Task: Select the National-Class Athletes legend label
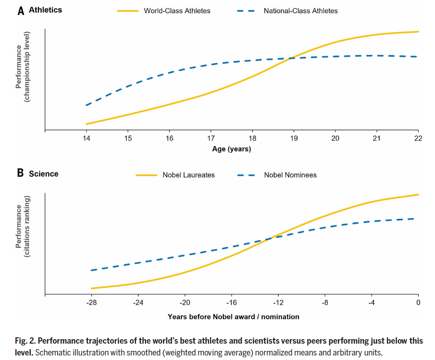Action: click(301, 10)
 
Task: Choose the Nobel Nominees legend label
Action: click(290, 175)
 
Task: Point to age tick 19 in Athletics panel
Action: click(294, 138)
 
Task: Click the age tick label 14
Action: click(86, 138)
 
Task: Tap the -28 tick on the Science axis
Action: click(91, 302)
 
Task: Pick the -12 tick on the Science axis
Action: click(278, 302)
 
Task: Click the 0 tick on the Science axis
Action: click(418, 302)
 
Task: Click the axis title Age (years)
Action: click(231, 149)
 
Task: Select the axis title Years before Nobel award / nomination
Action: click(233, 316)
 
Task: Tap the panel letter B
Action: click(20, 173)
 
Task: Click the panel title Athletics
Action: click(45, 10)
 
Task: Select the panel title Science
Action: click(44, 173)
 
